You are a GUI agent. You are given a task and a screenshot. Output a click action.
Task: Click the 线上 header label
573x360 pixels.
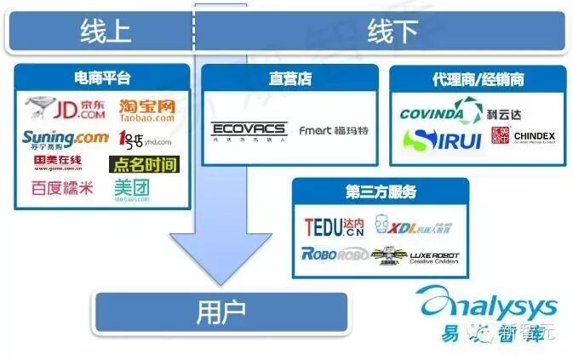tap(106, 31)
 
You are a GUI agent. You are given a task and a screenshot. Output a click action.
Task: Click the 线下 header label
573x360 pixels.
tap(393, 31)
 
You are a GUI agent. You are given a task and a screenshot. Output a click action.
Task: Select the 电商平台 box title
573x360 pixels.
tap(103, 78)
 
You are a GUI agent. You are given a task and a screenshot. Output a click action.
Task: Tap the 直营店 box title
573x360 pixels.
tap(289, 79)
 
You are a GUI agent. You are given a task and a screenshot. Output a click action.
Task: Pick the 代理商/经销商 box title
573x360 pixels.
tap(478, 79)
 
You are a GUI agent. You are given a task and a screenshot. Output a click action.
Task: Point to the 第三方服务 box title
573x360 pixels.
tap(380, 192)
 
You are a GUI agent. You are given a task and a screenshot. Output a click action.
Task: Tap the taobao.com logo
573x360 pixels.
tap(146, 110)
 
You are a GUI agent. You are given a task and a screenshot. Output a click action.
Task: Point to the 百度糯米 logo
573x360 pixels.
tap(62, 188)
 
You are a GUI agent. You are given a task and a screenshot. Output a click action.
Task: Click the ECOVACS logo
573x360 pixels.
tap(249, 131)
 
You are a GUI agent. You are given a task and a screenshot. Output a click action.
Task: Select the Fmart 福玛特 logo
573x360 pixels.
tap(334, 131)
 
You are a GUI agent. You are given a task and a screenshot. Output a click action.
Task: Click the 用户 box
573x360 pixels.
tap(221, 312)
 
